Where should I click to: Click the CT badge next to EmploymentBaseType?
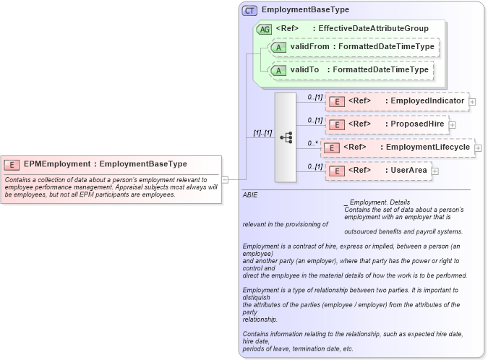pyautogui.click(x=249, y=10)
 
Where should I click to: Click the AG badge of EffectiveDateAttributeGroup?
pyautogui.click(x=265, y=29)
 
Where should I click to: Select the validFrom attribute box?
pyautogui.click(x=354, y=47)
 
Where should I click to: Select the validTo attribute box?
pyautogui.click(x=350, y=70)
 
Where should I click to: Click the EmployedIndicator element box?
pyautogui.click(x=397, y=101)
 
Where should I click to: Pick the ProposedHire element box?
pyautogui.click(x=387, y=124)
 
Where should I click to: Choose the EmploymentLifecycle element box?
pyautogui.click(x=398, y=147)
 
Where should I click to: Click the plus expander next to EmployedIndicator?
pyautogui.click(x=473, y=102)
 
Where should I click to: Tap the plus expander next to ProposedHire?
pyautogui.click(x=453, y=125)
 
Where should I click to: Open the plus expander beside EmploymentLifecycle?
pyautogui.click(x=478, y=148)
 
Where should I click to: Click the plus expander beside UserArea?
pyautogui.click(x=435, y=171)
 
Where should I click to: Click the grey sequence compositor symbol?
pyautogui.click(x=286, y=137)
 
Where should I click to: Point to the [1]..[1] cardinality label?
pyautogui.click(x=261, y=133)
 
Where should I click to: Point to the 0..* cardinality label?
pyautogui.click(x=313, y=142)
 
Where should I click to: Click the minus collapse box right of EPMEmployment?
pyautogui.click(x=225, y=179)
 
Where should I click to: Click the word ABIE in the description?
pyautogui.click(x=250, y=195)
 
